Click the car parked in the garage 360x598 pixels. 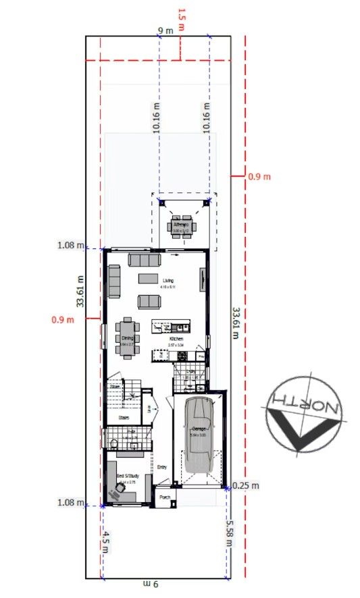pyautogui.click(x=199, y=434)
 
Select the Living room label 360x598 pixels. pyautogui.click(x=168, y=280)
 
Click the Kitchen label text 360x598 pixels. pyautogui.click(x=177, y=339)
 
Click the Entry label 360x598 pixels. pyautogui.click(x=162, y=467)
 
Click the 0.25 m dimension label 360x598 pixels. pyautogui.click(x=246, y=485)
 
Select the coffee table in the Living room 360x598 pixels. pyautogui.click(x=148, y=278)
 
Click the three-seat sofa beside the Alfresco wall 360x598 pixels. pyautogui.click(x=144, y=259)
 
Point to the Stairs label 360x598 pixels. pyautogui.click(x=124, y=418)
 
